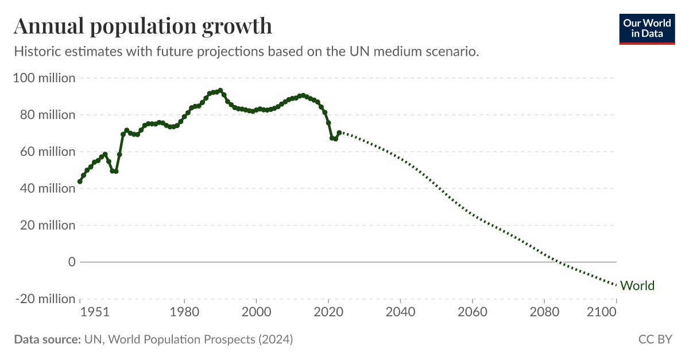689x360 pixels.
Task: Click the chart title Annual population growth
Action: point(142,26)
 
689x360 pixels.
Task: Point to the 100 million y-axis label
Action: point(44,78)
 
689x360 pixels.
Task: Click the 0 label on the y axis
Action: point(72,262)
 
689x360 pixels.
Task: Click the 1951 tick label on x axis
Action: point(95,312)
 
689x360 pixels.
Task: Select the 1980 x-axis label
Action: point(184,312)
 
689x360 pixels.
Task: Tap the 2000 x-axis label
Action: point(256,312)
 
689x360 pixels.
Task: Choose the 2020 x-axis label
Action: point(328,312)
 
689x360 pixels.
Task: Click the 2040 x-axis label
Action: point(400,312)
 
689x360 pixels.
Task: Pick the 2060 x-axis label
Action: point(472,312)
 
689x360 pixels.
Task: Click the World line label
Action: point(637,286)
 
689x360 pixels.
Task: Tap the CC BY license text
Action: point(655,339)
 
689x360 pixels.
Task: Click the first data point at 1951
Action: point(80,181)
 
